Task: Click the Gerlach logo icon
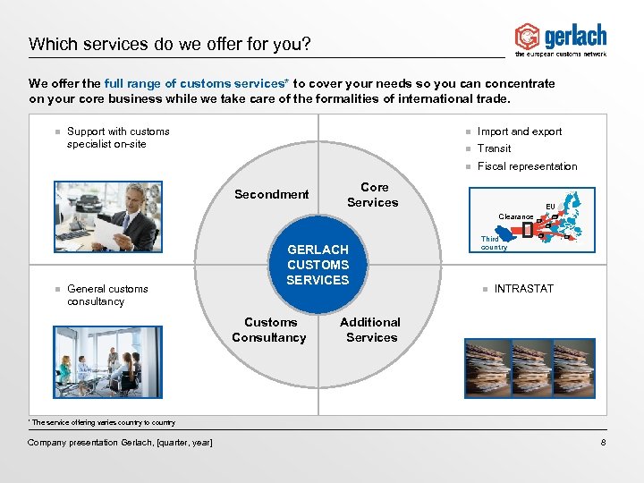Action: point(527,37)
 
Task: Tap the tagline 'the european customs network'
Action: point(561,55)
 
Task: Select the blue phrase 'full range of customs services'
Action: point(191,83)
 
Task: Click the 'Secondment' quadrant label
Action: point(271,194)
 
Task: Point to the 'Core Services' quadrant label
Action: point(373,195)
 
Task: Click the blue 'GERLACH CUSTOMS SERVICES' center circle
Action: point(318,265)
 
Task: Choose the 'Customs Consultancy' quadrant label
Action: point(268,330)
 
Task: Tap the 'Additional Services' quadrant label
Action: point(370,330)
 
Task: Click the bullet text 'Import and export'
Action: point(520,131)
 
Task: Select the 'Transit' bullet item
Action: point(494,148)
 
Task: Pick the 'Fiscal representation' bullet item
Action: point(527,166)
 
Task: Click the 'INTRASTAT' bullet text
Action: point(523,289)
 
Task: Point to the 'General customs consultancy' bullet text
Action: point(107,295)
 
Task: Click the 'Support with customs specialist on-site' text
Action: point(118,138)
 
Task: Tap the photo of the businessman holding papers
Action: point(108,216)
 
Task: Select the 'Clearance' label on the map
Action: point(515,216)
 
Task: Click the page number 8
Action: point(604,443)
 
